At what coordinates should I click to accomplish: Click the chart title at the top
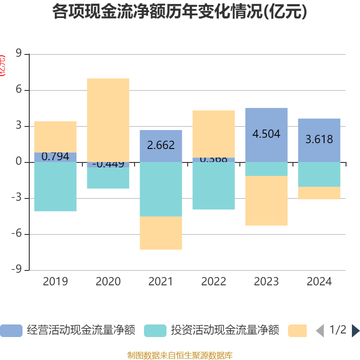(x=180, y=12)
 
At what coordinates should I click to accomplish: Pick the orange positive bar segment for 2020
(x=108, y=120)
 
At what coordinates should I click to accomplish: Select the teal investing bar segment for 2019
(x=55, y=186)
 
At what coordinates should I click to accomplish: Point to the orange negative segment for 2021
(x=161, y=233)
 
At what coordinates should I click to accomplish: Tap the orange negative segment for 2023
(x=266, y=201)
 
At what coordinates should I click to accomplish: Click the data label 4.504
(x=266, y=134)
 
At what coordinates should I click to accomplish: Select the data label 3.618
(x=319, y=139)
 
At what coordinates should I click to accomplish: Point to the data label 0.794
(x=55, y=157)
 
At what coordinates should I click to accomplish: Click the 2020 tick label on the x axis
(x=108, y=282)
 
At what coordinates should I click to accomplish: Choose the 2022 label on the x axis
(x=213, y=282)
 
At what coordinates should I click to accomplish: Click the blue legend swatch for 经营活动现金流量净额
(x=11, y=331)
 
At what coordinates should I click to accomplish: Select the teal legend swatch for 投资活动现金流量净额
(x=155, y=331)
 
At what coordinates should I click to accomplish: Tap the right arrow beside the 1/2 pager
(x=355, y=331)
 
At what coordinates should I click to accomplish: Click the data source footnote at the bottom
(x=180, y=355)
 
